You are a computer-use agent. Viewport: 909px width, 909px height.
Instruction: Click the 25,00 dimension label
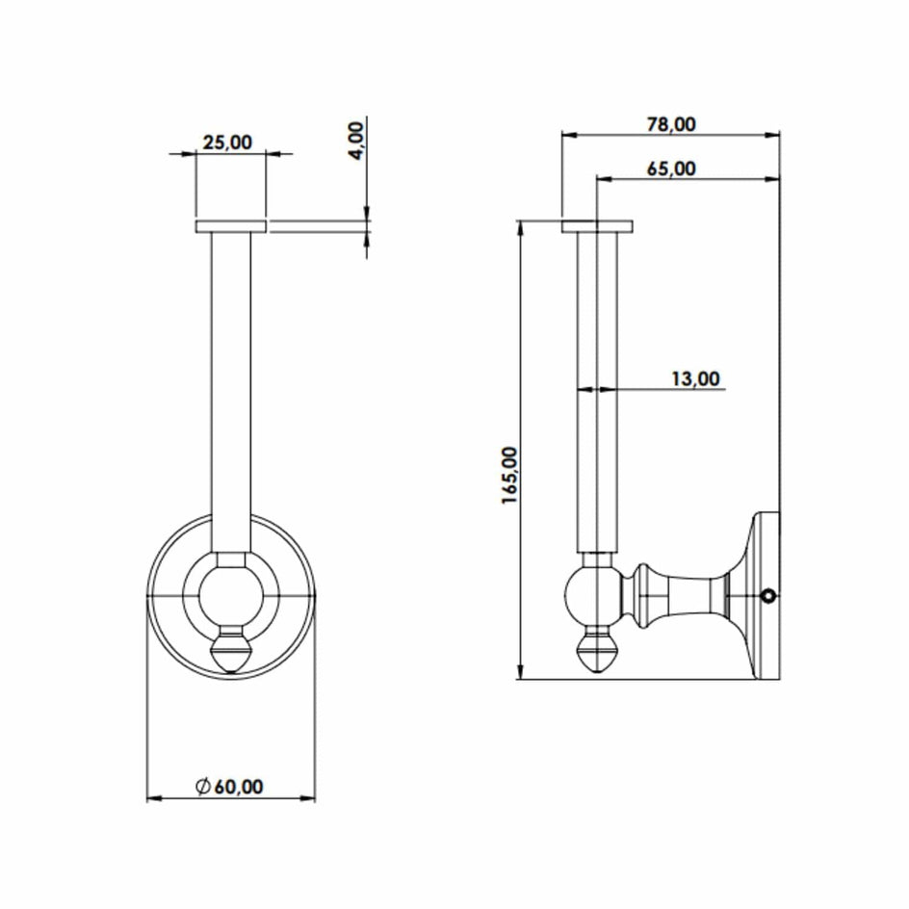[226, 143]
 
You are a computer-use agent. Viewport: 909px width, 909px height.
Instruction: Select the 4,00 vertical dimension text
[355, 140]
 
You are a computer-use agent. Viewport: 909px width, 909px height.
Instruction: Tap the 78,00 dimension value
[671, 123]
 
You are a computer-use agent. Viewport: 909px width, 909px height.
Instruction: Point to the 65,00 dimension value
[671, 169]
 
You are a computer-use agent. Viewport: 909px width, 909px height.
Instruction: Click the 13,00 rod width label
[695, 378]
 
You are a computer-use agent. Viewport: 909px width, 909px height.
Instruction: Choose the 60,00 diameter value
[238, 787]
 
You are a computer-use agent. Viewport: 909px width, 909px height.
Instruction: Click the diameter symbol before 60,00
[203, 787]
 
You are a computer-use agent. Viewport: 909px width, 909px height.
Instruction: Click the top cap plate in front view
[231, 226]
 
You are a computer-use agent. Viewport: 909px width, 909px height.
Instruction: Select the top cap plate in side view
[597, 226]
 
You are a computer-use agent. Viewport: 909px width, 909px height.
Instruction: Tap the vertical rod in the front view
[231, 385]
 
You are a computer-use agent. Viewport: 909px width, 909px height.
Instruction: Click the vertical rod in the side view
[596, 385]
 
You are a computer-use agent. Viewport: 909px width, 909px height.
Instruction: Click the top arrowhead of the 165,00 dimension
[520, 226]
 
